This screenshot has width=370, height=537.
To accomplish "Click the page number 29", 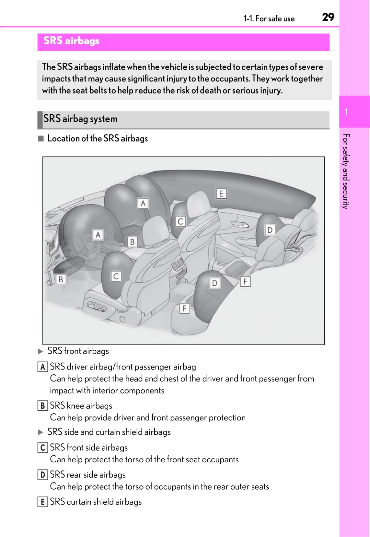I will tap(328, 17).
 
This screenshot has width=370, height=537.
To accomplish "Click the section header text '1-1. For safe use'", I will tap(269, 19).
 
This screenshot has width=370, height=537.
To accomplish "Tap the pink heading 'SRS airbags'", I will tap(71, 41).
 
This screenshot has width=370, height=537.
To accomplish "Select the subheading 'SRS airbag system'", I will tap(80, 119).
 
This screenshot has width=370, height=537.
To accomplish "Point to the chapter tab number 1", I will tap(346, 112).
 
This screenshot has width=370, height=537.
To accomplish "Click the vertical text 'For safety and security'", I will tap(346, 171).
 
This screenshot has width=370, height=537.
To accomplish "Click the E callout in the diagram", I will tap(221, 194).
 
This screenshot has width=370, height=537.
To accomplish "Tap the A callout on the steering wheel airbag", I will tap(98, 235).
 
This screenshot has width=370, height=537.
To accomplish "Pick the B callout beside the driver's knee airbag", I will tap(61, 279).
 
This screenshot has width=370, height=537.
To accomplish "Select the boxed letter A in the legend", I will tap(42, 367).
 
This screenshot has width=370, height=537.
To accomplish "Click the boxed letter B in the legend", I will tap(42, 406).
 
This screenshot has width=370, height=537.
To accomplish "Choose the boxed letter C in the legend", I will tap(42, 448).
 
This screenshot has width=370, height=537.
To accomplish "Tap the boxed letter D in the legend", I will tap(42, 475).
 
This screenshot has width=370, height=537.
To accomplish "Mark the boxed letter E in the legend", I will tap(42, 502).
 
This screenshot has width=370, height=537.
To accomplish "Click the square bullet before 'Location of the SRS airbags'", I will tap(40, 139).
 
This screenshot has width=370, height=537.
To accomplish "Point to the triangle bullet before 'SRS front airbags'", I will tap(40, 351).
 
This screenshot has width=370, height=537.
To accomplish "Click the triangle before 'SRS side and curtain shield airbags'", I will tap(40, 432).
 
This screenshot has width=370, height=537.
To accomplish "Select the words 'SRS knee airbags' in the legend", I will tap(81, 406).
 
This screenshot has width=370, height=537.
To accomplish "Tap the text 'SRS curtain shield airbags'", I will tap(96, 502).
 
